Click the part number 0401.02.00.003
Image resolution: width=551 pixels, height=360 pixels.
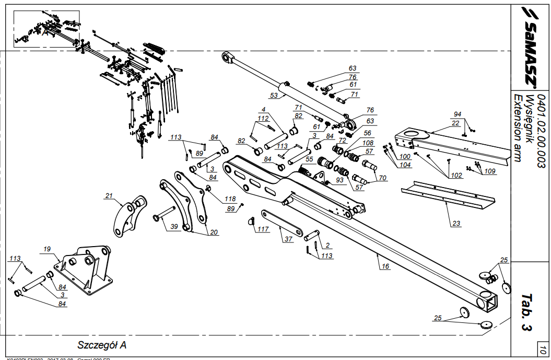tap(541, 130)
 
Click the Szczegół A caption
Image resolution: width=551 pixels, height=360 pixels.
tap(102, 345)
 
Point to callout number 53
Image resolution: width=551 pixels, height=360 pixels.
tap(274, 96)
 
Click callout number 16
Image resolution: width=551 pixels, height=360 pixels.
tap(385, 266)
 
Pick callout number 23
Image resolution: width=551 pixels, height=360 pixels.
tap(456, 224)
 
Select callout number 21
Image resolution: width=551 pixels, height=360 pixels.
tap(109, 196)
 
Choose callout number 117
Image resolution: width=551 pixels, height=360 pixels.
tap(263, 229)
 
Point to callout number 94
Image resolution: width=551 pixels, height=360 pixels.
tap(458, 114)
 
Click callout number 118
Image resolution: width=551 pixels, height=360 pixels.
tap(230, 199)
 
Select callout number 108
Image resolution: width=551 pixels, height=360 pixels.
tap(368, 143)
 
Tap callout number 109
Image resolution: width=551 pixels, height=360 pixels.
tap(490, 171)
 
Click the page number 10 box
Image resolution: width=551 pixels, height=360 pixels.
tap(543, 351)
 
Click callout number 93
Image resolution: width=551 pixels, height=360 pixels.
tap(341, 180)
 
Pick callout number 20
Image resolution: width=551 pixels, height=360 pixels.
tap(214, 232)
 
